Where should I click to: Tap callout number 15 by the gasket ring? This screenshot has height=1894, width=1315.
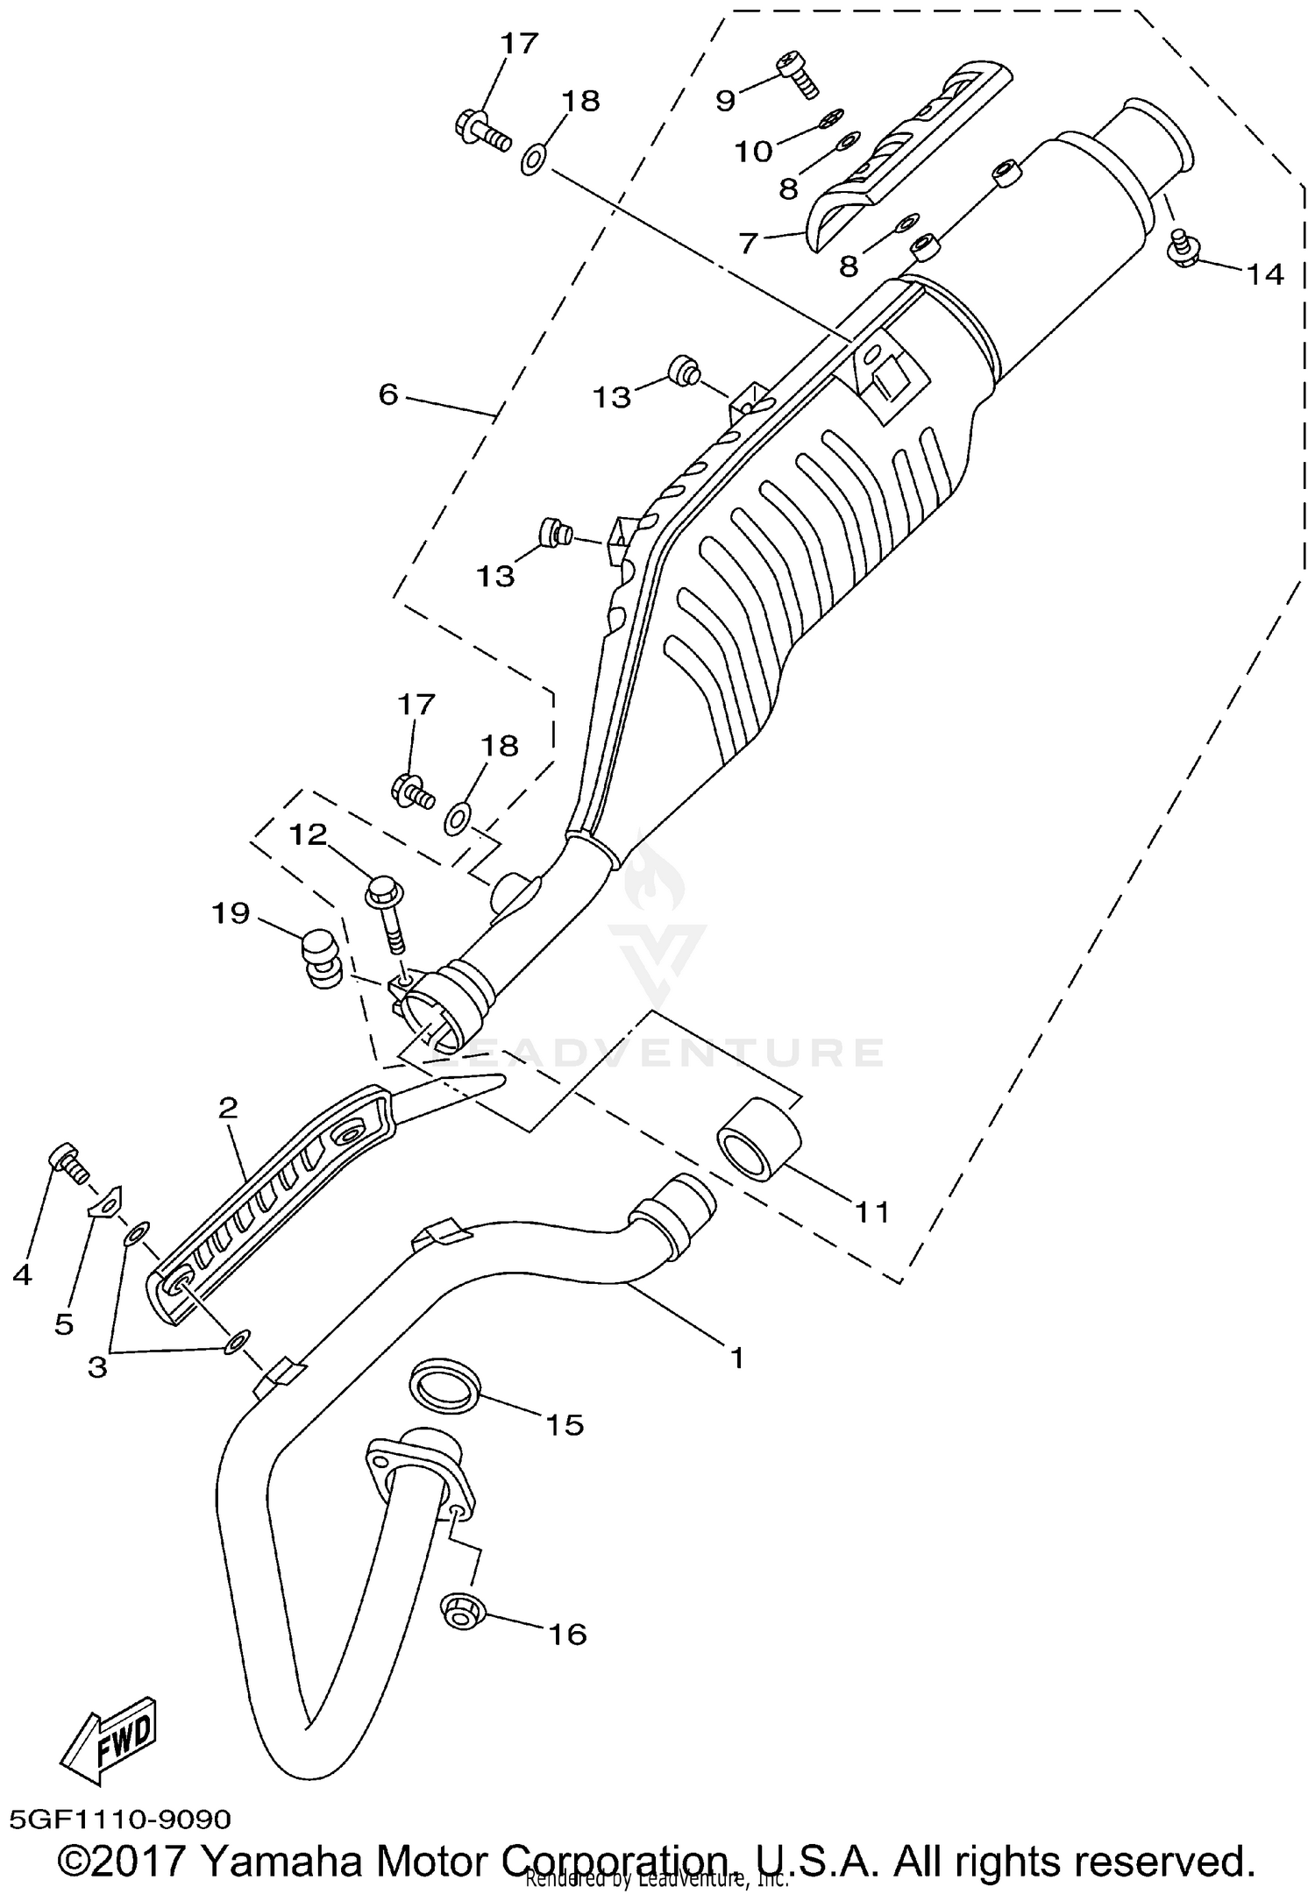click(565, 1425)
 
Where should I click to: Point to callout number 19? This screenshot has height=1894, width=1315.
click(231, 914)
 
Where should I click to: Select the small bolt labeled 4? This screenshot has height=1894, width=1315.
click(66, 1162)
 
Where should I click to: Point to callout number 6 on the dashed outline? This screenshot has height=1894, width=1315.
click(388, 394)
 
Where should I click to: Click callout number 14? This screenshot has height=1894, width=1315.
click(1264, 275)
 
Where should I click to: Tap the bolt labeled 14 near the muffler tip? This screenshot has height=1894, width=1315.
click(1183, 248)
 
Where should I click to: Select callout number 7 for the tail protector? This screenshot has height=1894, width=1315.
click(747, 243)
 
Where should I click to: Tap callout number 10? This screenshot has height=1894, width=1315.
click(753, 152)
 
